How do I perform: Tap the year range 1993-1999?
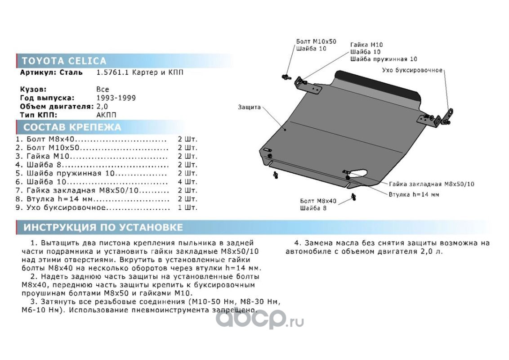116,98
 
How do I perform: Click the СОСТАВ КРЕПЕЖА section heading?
72,127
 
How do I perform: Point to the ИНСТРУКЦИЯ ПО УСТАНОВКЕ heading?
103,227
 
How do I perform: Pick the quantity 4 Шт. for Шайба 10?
188,182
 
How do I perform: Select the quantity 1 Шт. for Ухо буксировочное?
188,208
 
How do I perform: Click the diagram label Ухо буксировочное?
412,70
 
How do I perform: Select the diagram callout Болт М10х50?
316,41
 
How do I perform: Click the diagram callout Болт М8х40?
317,201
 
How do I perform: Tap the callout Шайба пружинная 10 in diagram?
384,59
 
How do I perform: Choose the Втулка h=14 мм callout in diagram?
414,194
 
